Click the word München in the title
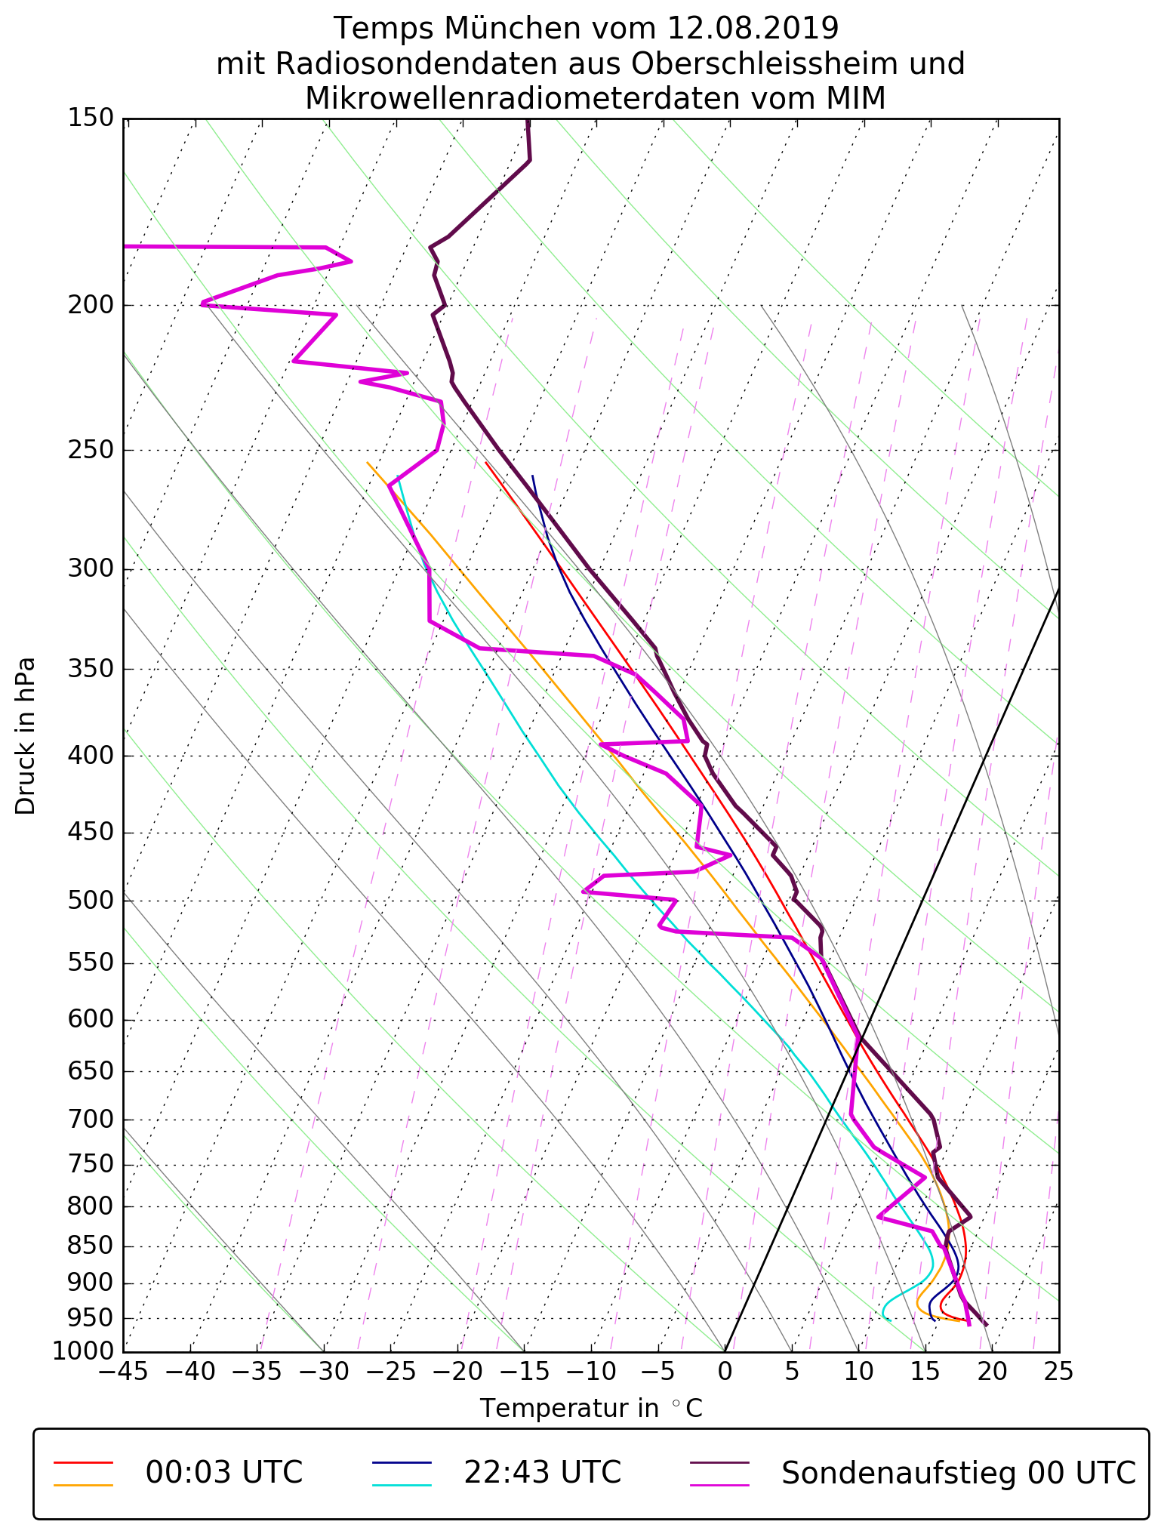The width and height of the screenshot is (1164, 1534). (x=513, y=29)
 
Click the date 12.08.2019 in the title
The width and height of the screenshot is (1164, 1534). (x=753, y=29)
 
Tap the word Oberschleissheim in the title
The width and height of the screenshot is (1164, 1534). (x=759, y=64)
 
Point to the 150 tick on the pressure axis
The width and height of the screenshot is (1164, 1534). (x=90, y=119)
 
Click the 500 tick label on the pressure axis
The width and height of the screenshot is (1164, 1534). (x=90, y=901)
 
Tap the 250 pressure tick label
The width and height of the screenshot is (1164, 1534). (x=90, y=450)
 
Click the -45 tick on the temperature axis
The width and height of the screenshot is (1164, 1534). (x=123, y=1371)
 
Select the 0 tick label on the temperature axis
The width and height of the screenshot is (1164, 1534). (x=725, y=1371)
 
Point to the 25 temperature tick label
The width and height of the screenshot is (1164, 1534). (x=1058, y=1371)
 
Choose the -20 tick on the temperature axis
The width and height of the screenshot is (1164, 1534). (x=457, y=1371)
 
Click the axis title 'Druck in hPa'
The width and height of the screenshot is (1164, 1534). (x=26, y=736)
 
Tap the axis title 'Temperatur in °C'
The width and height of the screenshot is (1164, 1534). (x=591, y=1409)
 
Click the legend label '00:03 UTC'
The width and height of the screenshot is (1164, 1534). (x=224, y=1473)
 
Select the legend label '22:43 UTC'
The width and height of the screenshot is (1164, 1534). (x=542, y=1473)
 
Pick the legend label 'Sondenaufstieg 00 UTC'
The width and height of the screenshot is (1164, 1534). (x=958, y=1473)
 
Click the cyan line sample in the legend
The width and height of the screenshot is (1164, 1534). (x=402, y=1485)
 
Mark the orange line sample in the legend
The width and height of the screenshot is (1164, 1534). (x=83, y=1485)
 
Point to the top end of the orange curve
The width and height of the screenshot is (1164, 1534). (x=368, y=463)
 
